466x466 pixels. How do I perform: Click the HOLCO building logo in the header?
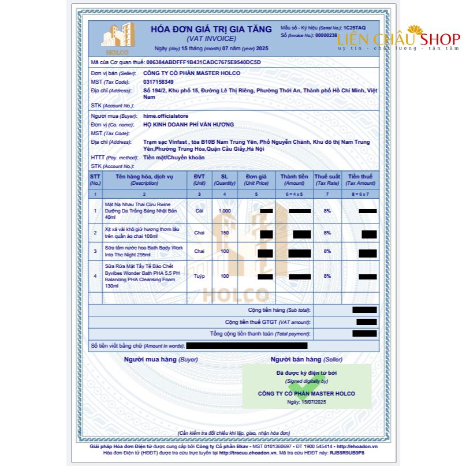(x=118, y=36)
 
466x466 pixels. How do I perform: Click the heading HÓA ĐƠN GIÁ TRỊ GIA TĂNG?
(x=211, y=29)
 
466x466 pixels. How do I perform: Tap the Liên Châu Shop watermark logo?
(x=398, y=39)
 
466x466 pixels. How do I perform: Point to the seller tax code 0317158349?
(x=158, y=82)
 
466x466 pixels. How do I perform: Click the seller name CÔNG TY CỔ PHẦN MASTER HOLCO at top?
(x=192, y=73)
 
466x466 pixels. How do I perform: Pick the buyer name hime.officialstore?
(x=166, y=116)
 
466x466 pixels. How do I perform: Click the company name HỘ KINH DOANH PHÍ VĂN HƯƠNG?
(x=189, y=125)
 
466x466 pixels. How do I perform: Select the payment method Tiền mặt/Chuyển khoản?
(x=174, y=158)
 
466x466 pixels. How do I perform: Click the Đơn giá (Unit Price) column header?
(x=256, y=179)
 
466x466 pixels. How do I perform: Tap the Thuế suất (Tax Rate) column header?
(x=327, y=179)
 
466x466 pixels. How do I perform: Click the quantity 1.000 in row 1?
(x=225, y=211)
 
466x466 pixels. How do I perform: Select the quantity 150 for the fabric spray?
(x=225, y=233)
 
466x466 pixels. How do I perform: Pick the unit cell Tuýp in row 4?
(x=199, y=276)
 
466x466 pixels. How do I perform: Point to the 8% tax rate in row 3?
(x=327, y=251)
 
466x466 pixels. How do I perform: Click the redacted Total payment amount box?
(x=364, y=333)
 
